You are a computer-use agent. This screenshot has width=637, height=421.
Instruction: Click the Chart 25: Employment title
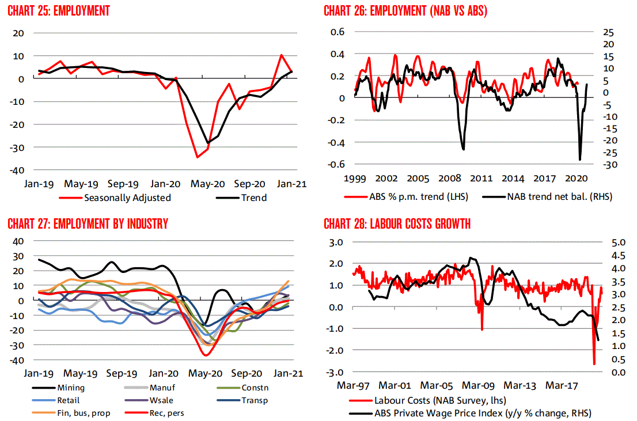coord(59,11)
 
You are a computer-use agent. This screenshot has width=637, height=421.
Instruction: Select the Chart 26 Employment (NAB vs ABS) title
coord(405,11)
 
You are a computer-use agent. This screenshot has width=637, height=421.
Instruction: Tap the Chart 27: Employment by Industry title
coord(88,224)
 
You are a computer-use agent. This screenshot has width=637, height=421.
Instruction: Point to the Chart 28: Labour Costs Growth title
coord(397,224)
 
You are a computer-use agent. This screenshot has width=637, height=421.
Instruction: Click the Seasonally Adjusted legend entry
coord(115,198)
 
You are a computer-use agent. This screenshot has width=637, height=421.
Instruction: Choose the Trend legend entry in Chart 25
coord(241,198)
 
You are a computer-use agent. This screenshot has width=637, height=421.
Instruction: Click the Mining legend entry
coord(58,388)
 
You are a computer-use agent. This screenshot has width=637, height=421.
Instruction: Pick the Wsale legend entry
coord(149,400)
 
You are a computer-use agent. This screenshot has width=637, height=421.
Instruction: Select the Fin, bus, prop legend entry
coord(71,413)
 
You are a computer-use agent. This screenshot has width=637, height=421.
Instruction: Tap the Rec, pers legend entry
coord(154,413)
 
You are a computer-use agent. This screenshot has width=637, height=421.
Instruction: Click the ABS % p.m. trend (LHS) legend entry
coord(406,197)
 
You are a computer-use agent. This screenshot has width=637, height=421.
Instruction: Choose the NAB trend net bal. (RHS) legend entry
coord(547,197)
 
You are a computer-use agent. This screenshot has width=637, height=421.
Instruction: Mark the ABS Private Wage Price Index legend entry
coord(470,414)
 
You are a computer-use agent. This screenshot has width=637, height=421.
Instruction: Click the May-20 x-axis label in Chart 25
coord(207,184)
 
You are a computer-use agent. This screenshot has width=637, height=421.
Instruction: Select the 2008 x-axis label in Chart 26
coord(450,179)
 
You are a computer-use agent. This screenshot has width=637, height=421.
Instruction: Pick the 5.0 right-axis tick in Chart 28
coord(619,242)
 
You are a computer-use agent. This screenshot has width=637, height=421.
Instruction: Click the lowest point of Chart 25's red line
coord(198,157)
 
